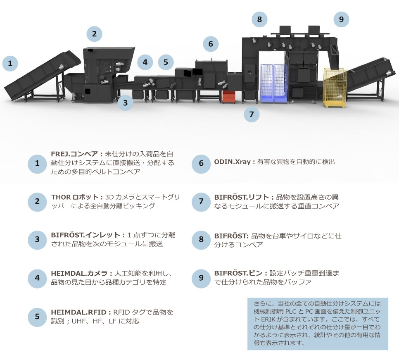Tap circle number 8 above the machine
point(259,19)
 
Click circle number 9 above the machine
point(341,19)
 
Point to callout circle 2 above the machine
point(94,34)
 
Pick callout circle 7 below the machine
point(251,114)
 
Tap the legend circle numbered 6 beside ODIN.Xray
point(201,163)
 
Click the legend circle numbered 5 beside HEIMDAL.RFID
point(37,317)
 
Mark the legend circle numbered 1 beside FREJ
point(37,163)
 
